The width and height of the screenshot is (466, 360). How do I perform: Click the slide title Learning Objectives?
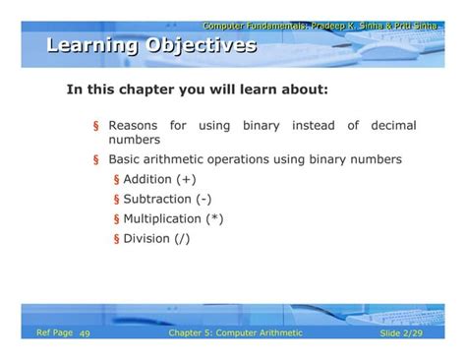(151, 45)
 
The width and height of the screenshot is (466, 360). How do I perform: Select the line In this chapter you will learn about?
(197, 90)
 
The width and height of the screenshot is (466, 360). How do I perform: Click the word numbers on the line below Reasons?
(134, 141)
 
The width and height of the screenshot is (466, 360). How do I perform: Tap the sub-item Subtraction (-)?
(167, 199)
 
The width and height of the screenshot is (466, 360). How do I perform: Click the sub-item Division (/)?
(157, 238)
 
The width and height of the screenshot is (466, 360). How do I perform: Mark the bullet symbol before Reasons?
(95, 127)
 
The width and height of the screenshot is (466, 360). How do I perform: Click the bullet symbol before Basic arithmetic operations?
(95, 160)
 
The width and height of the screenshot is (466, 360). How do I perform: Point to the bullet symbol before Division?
(116, 239)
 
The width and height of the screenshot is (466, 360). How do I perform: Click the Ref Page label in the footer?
(54, 333)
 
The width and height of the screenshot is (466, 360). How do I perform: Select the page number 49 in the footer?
(85, 334)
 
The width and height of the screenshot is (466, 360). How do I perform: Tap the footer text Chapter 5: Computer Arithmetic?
(236, 333)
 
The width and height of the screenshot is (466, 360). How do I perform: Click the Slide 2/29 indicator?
(402, 334)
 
